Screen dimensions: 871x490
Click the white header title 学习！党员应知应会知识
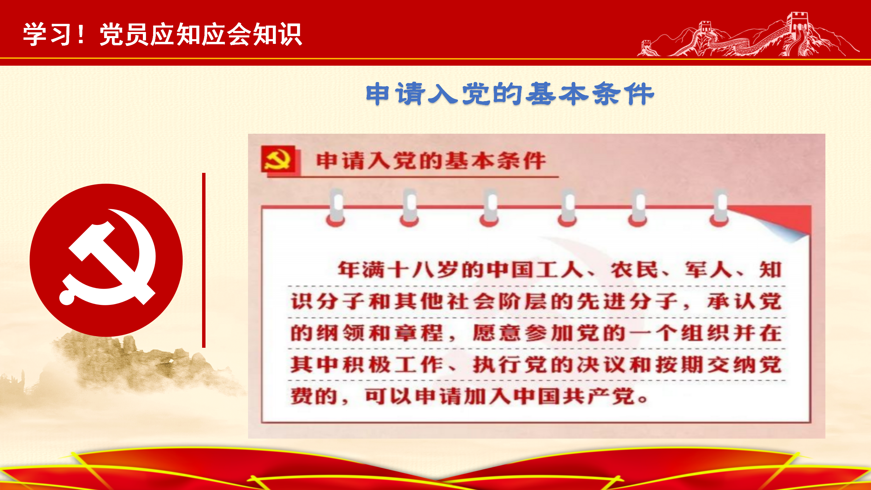pyautogui.click(x=162, y=34)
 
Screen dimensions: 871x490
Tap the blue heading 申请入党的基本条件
pyautogui.click(x=510, y=94)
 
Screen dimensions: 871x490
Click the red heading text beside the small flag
pyautogui.click(x=431, y=161)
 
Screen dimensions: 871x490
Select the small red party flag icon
pyautogui.click(x=278, y=159)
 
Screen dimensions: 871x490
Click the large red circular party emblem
pyautogui.click(x=106, y=260)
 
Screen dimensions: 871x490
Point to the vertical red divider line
pyautogui.click(x=204, y=260)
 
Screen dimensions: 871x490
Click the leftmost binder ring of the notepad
pyautogui.click(x=336, y=208)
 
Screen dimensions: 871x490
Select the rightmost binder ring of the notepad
pyautogui.click(x=719, y=208)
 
